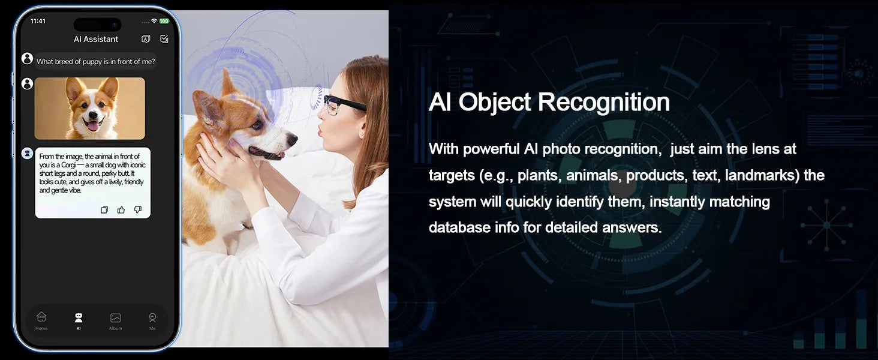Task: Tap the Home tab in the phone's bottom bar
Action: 41,321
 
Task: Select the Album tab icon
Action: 115,317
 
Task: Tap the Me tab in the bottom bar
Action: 152,321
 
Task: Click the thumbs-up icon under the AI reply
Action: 121,210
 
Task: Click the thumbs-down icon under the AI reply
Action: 137,210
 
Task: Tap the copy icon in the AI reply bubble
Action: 104,210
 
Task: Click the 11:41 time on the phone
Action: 38,21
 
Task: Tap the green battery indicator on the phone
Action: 164,21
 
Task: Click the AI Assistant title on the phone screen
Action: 95,39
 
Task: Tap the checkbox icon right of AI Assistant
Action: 164,39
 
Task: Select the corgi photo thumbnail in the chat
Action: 90,108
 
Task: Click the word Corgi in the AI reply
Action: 68,165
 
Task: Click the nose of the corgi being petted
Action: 292,139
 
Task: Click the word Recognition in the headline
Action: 603,103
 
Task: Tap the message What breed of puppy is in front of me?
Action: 95,62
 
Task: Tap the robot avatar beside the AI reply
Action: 27,154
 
